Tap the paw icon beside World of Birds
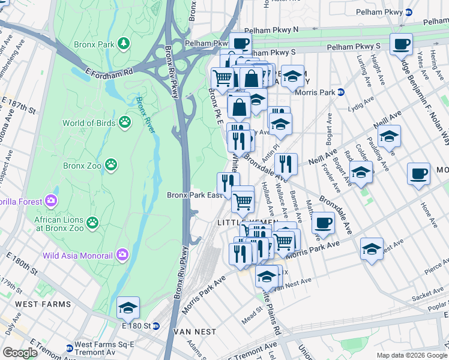coord(125,123)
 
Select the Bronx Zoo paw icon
coord(110,164)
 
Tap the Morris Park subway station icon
coord(340,92)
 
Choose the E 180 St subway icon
coord(156,326)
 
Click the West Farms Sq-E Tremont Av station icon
coord(70,348)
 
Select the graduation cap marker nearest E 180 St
coord(128,307)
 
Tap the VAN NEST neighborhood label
coord(190,332)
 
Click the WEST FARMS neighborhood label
coord(35,304)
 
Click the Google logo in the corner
coord(20,352)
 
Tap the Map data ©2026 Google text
coord(411,355)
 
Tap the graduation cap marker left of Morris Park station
coord(292,76)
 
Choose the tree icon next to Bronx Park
coord(124,43)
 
